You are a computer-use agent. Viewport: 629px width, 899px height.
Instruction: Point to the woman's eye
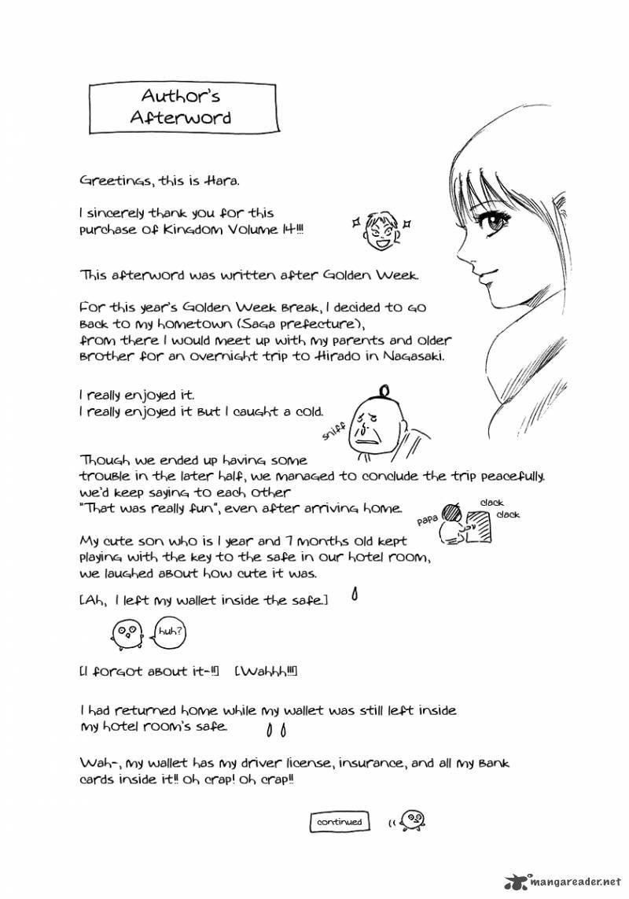click(498, 222)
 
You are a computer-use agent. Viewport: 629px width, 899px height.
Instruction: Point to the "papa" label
click(425, 520)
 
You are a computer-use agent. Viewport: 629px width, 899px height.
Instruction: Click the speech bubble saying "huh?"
click(169, 632)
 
